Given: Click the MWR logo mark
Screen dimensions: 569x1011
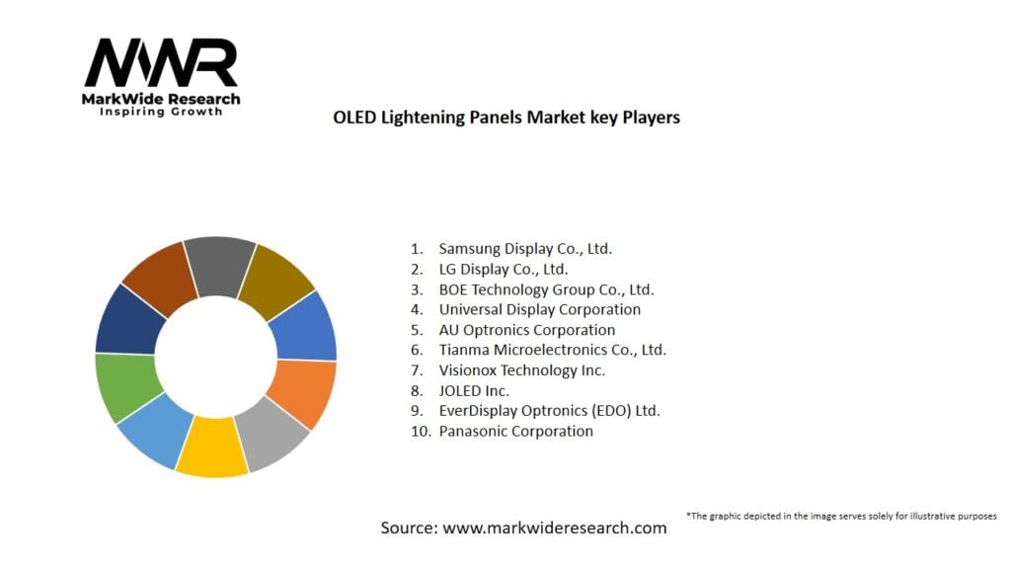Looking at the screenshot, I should (161, 64).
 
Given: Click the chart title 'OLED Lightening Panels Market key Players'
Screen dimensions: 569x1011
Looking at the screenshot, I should (506, 118).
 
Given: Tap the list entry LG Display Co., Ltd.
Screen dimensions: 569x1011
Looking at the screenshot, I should (504, 269).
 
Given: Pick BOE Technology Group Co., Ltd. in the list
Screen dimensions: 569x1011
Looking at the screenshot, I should (546, 289).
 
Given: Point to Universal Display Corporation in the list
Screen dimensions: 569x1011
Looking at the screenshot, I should (539, 309).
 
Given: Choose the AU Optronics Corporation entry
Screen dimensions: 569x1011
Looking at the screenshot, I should (526, 330).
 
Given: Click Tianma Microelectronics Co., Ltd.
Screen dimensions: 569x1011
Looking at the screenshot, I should (552, 350).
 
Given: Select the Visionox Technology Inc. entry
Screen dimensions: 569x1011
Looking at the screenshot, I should (521, 370).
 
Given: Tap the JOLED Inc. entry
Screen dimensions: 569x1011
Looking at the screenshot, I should (474, 390).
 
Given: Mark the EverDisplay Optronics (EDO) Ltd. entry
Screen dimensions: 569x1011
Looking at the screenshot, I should (549, 411).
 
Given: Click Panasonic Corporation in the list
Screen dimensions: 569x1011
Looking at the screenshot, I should (515, 431).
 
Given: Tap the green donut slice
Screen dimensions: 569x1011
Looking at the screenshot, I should (125, 386).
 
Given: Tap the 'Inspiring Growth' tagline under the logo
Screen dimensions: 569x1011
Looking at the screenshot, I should (161, 112).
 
